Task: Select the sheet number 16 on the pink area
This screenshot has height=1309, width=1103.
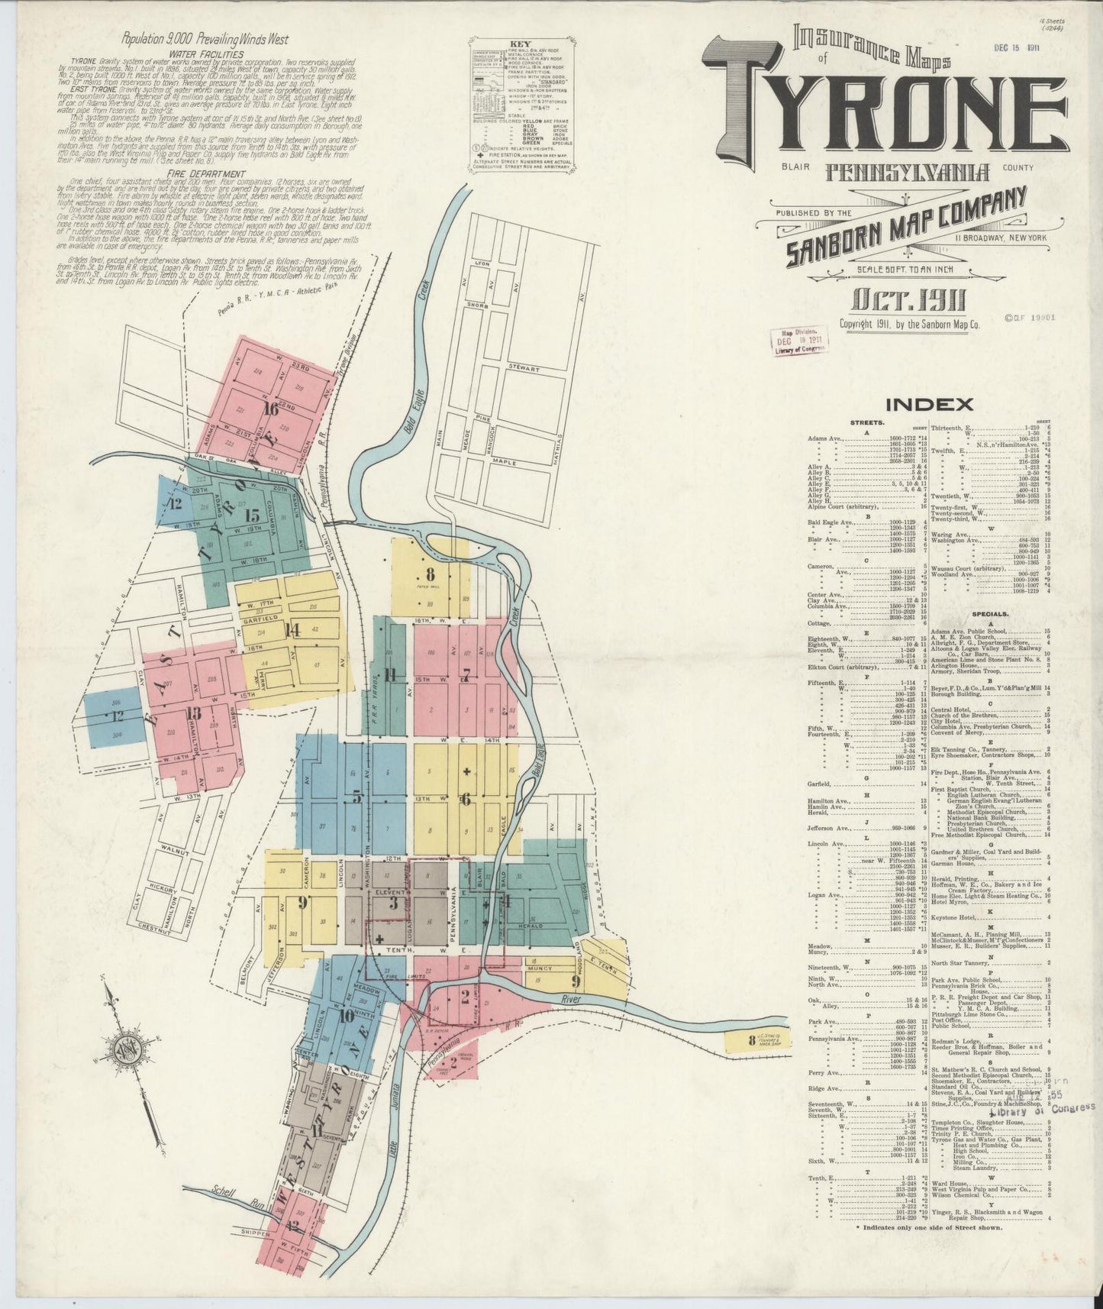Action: (268, 409)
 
